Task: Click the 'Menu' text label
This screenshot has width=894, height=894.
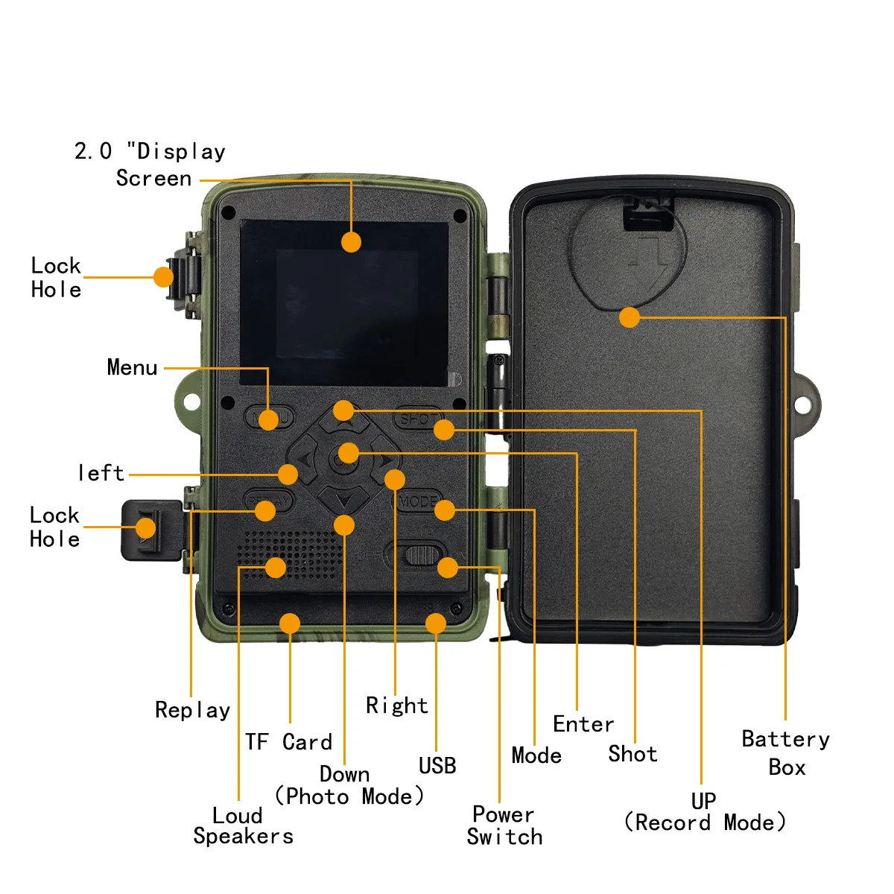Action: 132,367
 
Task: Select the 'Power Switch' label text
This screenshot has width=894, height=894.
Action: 504,825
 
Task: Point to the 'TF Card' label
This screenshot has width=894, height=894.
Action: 288,742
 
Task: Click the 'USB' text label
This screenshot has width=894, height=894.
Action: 437,766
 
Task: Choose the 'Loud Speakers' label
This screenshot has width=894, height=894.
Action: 243,825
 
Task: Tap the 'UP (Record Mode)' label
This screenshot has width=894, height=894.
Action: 704,812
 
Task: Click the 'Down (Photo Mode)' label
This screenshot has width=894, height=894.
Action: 349,786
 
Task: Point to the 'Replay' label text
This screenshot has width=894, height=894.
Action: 192,710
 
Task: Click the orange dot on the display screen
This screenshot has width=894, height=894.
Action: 351,241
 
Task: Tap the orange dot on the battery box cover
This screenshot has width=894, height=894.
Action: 630,317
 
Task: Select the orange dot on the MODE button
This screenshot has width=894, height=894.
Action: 445,510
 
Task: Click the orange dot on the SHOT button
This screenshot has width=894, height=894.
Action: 444,430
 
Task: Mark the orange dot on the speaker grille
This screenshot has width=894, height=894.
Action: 276,568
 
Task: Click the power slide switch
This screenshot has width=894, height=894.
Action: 421,555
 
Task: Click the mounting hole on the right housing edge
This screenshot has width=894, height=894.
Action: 802,405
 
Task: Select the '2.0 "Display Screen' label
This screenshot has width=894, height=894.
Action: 150,165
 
